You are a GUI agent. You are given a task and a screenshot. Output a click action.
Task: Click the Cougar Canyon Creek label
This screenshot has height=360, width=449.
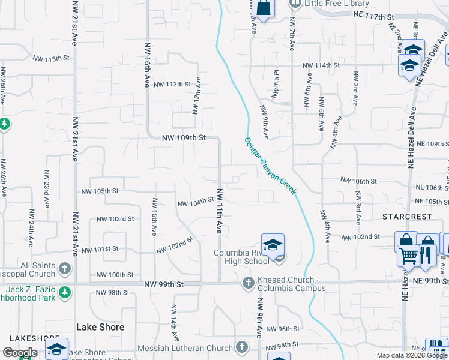point(270,166)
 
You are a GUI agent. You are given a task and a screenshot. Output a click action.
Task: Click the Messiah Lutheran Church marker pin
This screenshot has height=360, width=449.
point(241,347)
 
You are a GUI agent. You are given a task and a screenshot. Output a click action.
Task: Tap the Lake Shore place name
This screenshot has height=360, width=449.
point(100,327)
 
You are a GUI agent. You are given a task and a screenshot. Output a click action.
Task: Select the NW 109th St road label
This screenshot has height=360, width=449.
point(184,137)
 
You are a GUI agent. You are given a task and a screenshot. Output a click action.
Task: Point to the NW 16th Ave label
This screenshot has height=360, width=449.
point(147,65)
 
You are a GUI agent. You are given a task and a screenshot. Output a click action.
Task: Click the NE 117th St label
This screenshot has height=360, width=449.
point(373,13)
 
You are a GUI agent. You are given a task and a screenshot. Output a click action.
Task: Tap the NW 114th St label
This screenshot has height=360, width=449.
point(321,65)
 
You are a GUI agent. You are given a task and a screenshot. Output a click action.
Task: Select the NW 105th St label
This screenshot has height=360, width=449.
point(100,191)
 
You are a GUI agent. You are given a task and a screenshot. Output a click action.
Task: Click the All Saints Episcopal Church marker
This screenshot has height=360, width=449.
point(65,268)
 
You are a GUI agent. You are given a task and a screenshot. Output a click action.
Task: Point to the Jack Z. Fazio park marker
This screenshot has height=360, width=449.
point(65,292)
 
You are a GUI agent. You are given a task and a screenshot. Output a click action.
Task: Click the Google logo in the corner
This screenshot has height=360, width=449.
point(19,353)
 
